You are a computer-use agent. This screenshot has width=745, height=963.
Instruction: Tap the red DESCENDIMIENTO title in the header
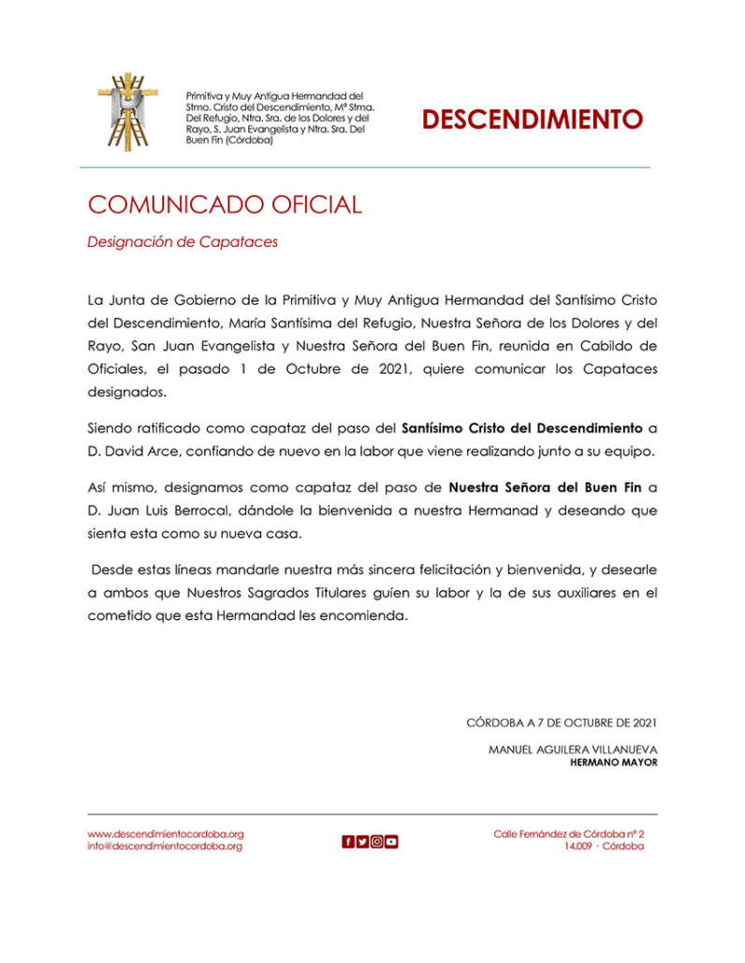(x=532, y=120)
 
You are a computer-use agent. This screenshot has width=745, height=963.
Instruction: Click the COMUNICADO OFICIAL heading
(x=225, y=205)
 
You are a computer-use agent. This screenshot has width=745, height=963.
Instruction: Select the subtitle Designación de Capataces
(x=183, y=242)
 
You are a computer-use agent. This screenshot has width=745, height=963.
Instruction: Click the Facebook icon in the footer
(x=348, y=841)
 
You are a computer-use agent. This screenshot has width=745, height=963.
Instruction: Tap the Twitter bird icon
(x=362, y=841)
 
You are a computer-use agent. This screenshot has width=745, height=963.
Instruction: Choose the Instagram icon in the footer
(x=377, y=841)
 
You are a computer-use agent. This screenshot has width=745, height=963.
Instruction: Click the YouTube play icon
(x=391, y=841)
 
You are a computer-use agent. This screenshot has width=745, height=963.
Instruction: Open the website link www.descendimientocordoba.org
(x=166, y=833)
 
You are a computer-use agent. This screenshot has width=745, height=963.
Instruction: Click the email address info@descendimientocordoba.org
(x=165, y=846)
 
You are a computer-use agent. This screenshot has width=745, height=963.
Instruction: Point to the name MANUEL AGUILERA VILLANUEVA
(x=573, y=749)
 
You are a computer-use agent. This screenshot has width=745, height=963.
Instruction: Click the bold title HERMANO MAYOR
(x=613, y=762)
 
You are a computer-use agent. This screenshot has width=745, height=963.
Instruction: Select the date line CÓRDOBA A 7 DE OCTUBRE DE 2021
(x=562, y=722)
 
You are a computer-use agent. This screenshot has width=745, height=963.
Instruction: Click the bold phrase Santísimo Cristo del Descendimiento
(x=522, y=428)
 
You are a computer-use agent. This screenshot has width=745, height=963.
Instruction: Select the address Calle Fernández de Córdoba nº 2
(x=569, y=833)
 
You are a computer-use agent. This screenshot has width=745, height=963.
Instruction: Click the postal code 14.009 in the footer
(x=579, y=846)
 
